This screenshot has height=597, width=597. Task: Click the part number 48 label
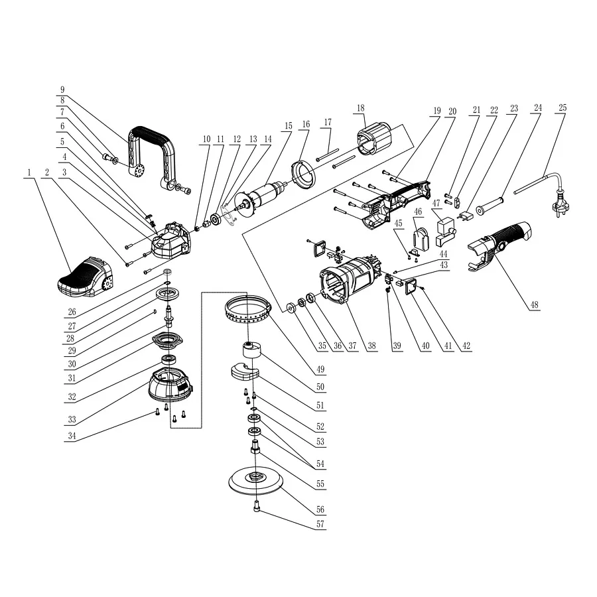coord(534,305)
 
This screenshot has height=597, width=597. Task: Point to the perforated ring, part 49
coord(249,312)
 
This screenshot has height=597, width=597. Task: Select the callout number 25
coord(563,107)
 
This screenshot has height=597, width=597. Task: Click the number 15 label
coord(288,125)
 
